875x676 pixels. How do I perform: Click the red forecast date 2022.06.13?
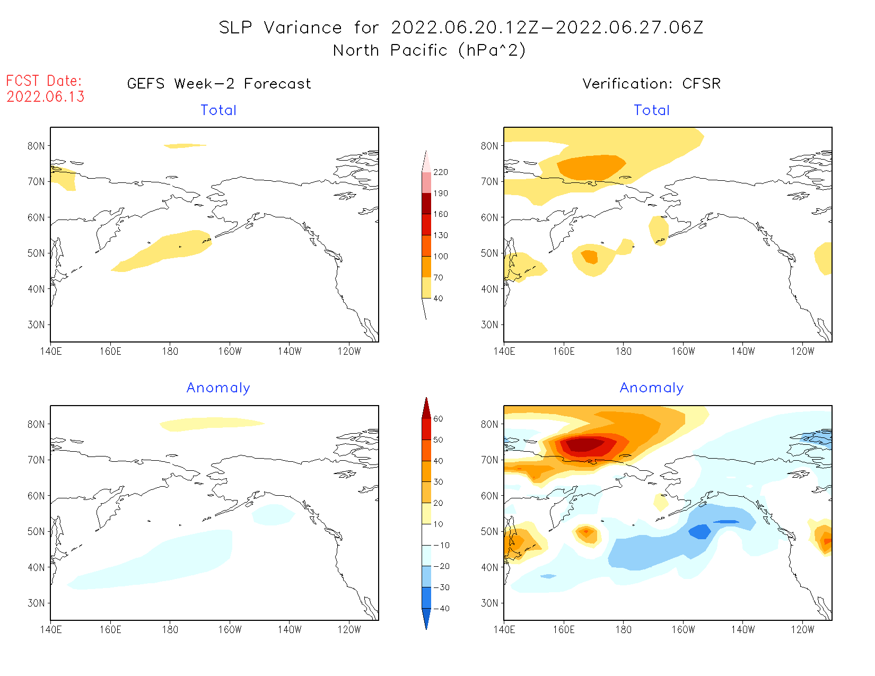click(46, 97)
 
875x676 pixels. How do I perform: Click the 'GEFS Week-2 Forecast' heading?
click(219, 84)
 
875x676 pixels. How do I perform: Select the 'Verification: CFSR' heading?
click(651, 84)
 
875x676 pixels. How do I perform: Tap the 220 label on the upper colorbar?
click(440, 172)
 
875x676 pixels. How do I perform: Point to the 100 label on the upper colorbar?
click(440, 256)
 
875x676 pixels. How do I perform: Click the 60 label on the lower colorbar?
click(438, 419)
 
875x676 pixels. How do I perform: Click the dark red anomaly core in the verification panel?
click(583, 444)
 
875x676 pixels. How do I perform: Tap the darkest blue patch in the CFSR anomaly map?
click(700, 531)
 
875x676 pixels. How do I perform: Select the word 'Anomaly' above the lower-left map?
click(218, 388)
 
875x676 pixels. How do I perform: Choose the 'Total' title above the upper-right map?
click(652, 110)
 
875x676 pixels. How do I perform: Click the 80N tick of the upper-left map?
click(36, 146)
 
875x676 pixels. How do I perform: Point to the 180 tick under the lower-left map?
click(170, 630)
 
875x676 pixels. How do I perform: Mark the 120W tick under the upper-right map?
click(802, 352)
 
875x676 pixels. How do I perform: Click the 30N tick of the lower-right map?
click(489, 603)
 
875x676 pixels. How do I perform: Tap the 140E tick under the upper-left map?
click(51, 352)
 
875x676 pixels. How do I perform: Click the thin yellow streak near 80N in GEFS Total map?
click(185, 146)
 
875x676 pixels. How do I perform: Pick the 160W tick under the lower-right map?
click(683, 630)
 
